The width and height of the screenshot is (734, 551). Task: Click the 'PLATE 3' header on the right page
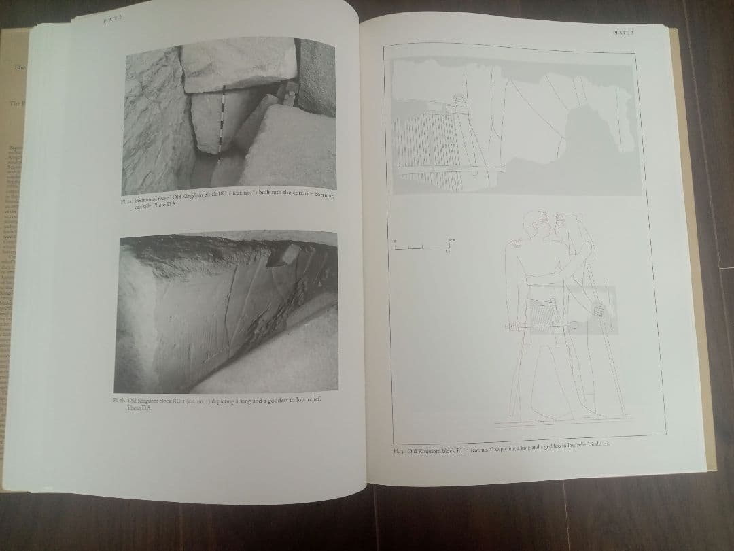click(623, 32)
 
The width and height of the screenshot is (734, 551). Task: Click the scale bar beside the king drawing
click(422, 246)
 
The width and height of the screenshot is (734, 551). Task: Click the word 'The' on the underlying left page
click(18, 68)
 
